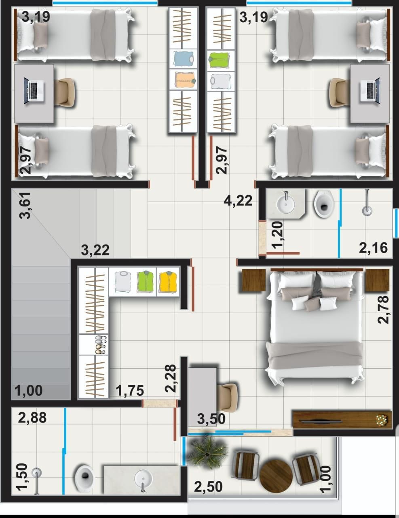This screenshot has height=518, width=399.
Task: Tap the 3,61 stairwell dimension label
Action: [25, 205]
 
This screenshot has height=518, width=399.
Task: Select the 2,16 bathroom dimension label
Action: [373, 248]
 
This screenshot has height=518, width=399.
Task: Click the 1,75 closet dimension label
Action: [130, 390]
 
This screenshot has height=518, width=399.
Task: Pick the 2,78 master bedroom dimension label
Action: [383, 310]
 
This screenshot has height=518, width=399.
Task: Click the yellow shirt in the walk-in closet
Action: [168, 282]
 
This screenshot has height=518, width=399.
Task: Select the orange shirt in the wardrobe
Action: [185, 79]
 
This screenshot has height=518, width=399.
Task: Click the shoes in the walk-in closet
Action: [101, 345]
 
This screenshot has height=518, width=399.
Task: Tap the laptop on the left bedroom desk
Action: [34, 91]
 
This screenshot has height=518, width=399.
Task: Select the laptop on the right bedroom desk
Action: [370, 91]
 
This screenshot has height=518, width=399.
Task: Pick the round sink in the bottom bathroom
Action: [143, 479]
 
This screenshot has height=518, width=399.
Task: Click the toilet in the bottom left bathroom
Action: [84, 478]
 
